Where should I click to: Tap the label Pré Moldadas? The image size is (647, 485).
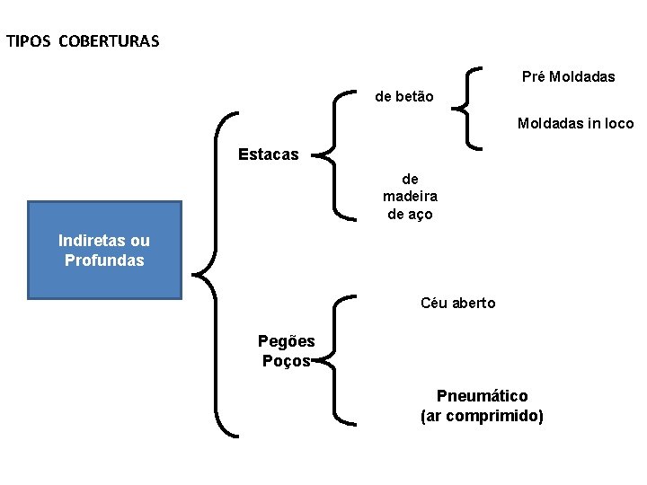[x=569, y=77]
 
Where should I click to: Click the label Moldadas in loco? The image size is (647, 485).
[x=575, y=124]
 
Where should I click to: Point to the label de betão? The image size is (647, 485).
[x=403, y=96]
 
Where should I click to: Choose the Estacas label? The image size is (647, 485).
[x=268, y=154]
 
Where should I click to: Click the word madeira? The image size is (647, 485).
[x=410, y=197]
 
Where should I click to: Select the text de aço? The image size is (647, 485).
[x=410, y=214]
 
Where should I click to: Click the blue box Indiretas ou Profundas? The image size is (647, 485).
[x=104, y=250]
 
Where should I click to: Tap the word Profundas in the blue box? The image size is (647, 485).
[x=104, y=260]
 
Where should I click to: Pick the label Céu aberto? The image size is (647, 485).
[x=457, y=303]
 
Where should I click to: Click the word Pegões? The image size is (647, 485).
[x=286, y=341]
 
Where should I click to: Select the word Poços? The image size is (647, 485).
[x=286, y=360]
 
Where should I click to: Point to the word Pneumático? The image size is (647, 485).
[x=482, y=396]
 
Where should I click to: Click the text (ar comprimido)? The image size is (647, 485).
[x=482, y=416]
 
